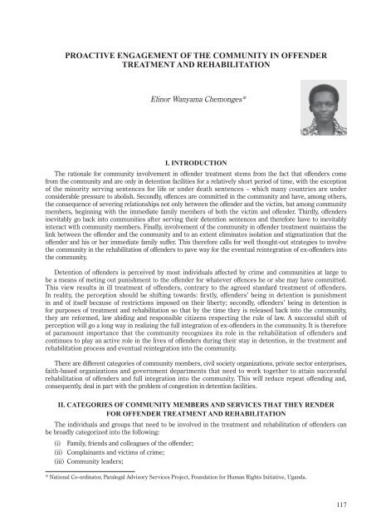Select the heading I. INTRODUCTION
click(188, 154)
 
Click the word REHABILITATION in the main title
click(237, 66)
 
